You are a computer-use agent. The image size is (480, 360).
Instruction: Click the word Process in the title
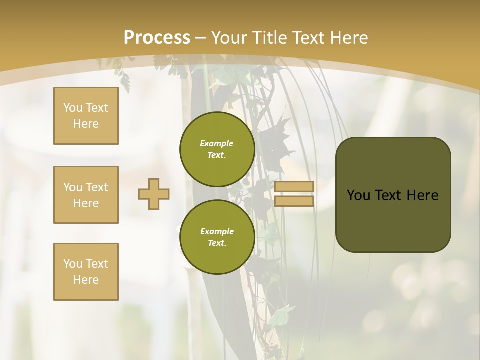[157, 38]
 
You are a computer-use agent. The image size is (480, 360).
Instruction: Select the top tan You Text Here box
[86, 116]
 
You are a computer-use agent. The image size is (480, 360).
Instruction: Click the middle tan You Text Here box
[86, 195]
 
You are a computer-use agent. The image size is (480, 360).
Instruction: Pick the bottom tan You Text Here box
[86, 272]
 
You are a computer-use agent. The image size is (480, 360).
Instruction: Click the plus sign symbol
[154, 194]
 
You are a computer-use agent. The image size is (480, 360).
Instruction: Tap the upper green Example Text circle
[217, 149]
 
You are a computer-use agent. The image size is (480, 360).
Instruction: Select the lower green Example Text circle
[217, 237]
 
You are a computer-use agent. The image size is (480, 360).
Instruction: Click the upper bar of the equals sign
[294, 186]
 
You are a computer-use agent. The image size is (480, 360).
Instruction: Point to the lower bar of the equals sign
[294, 201]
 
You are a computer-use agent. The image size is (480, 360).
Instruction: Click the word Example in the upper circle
[217, 143]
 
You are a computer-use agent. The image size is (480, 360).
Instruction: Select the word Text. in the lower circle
[217, 243]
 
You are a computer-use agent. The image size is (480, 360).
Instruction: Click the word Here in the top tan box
[86, 124]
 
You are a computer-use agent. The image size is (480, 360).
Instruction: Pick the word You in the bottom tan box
[73, 264]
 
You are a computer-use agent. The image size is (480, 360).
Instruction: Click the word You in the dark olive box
[358, 195]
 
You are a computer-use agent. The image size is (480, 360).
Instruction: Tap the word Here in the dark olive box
[422, 195]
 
